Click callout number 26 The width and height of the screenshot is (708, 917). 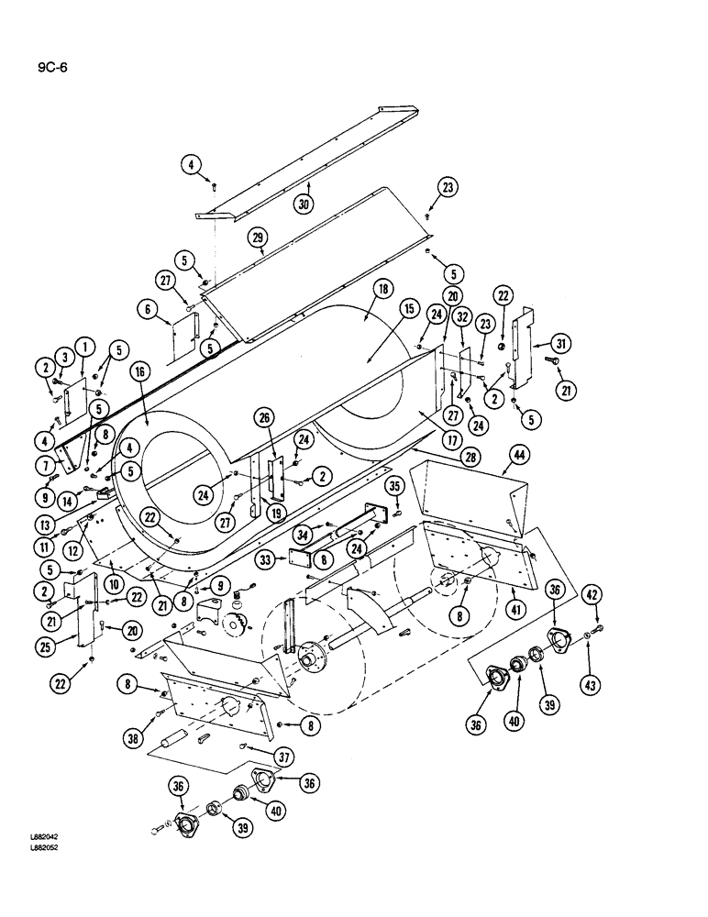coord(266,421)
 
